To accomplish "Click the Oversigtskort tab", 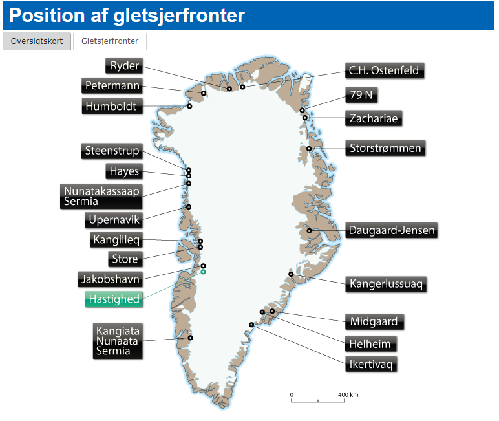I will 37,41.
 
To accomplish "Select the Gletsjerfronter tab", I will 110,41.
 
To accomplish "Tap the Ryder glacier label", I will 124,65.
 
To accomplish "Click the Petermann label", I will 112,85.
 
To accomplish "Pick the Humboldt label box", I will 112,106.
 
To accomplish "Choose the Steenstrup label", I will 112,151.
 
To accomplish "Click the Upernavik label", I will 114,220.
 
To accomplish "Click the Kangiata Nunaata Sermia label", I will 116,341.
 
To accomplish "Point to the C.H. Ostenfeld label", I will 384,70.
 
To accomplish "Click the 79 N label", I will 361,94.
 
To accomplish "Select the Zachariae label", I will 374,118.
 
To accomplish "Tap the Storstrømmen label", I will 384,149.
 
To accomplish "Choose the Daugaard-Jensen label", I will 392,230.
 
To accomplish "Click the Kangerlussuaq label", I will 387,283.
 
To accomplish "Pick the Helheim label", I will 370,343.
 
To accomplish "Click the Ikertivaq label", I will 370,364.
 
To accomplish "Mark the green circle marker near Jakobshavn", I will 203,272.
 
